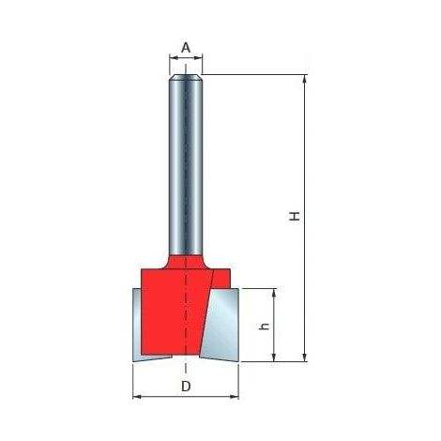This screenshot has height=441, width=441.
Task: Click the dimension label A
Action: pyautogui.click(x=186, y=48)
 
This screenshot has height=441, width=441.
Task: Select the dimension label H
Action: pyautogui.click(x=294, y=216)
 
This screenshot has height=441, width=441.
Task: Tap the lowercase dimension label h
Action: pyautogui.click(x=265, y=327)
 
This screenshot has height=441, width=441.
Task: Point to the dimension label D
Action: pyautogui.click(x=186, y=387)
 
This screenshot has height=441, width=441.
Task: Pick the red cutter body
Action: pyautogui.click(x=176, y=310)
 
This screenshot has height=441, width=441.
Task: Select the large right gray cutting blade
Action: pyautogui.click(x=220, y=326)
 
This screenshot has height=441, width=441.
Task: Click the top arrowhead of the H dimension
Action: pyautogui.click(x=305, y=79)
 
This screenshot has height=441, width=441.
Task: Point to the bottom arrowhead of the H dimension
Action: pyautogui.click(x=305, y=357)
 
